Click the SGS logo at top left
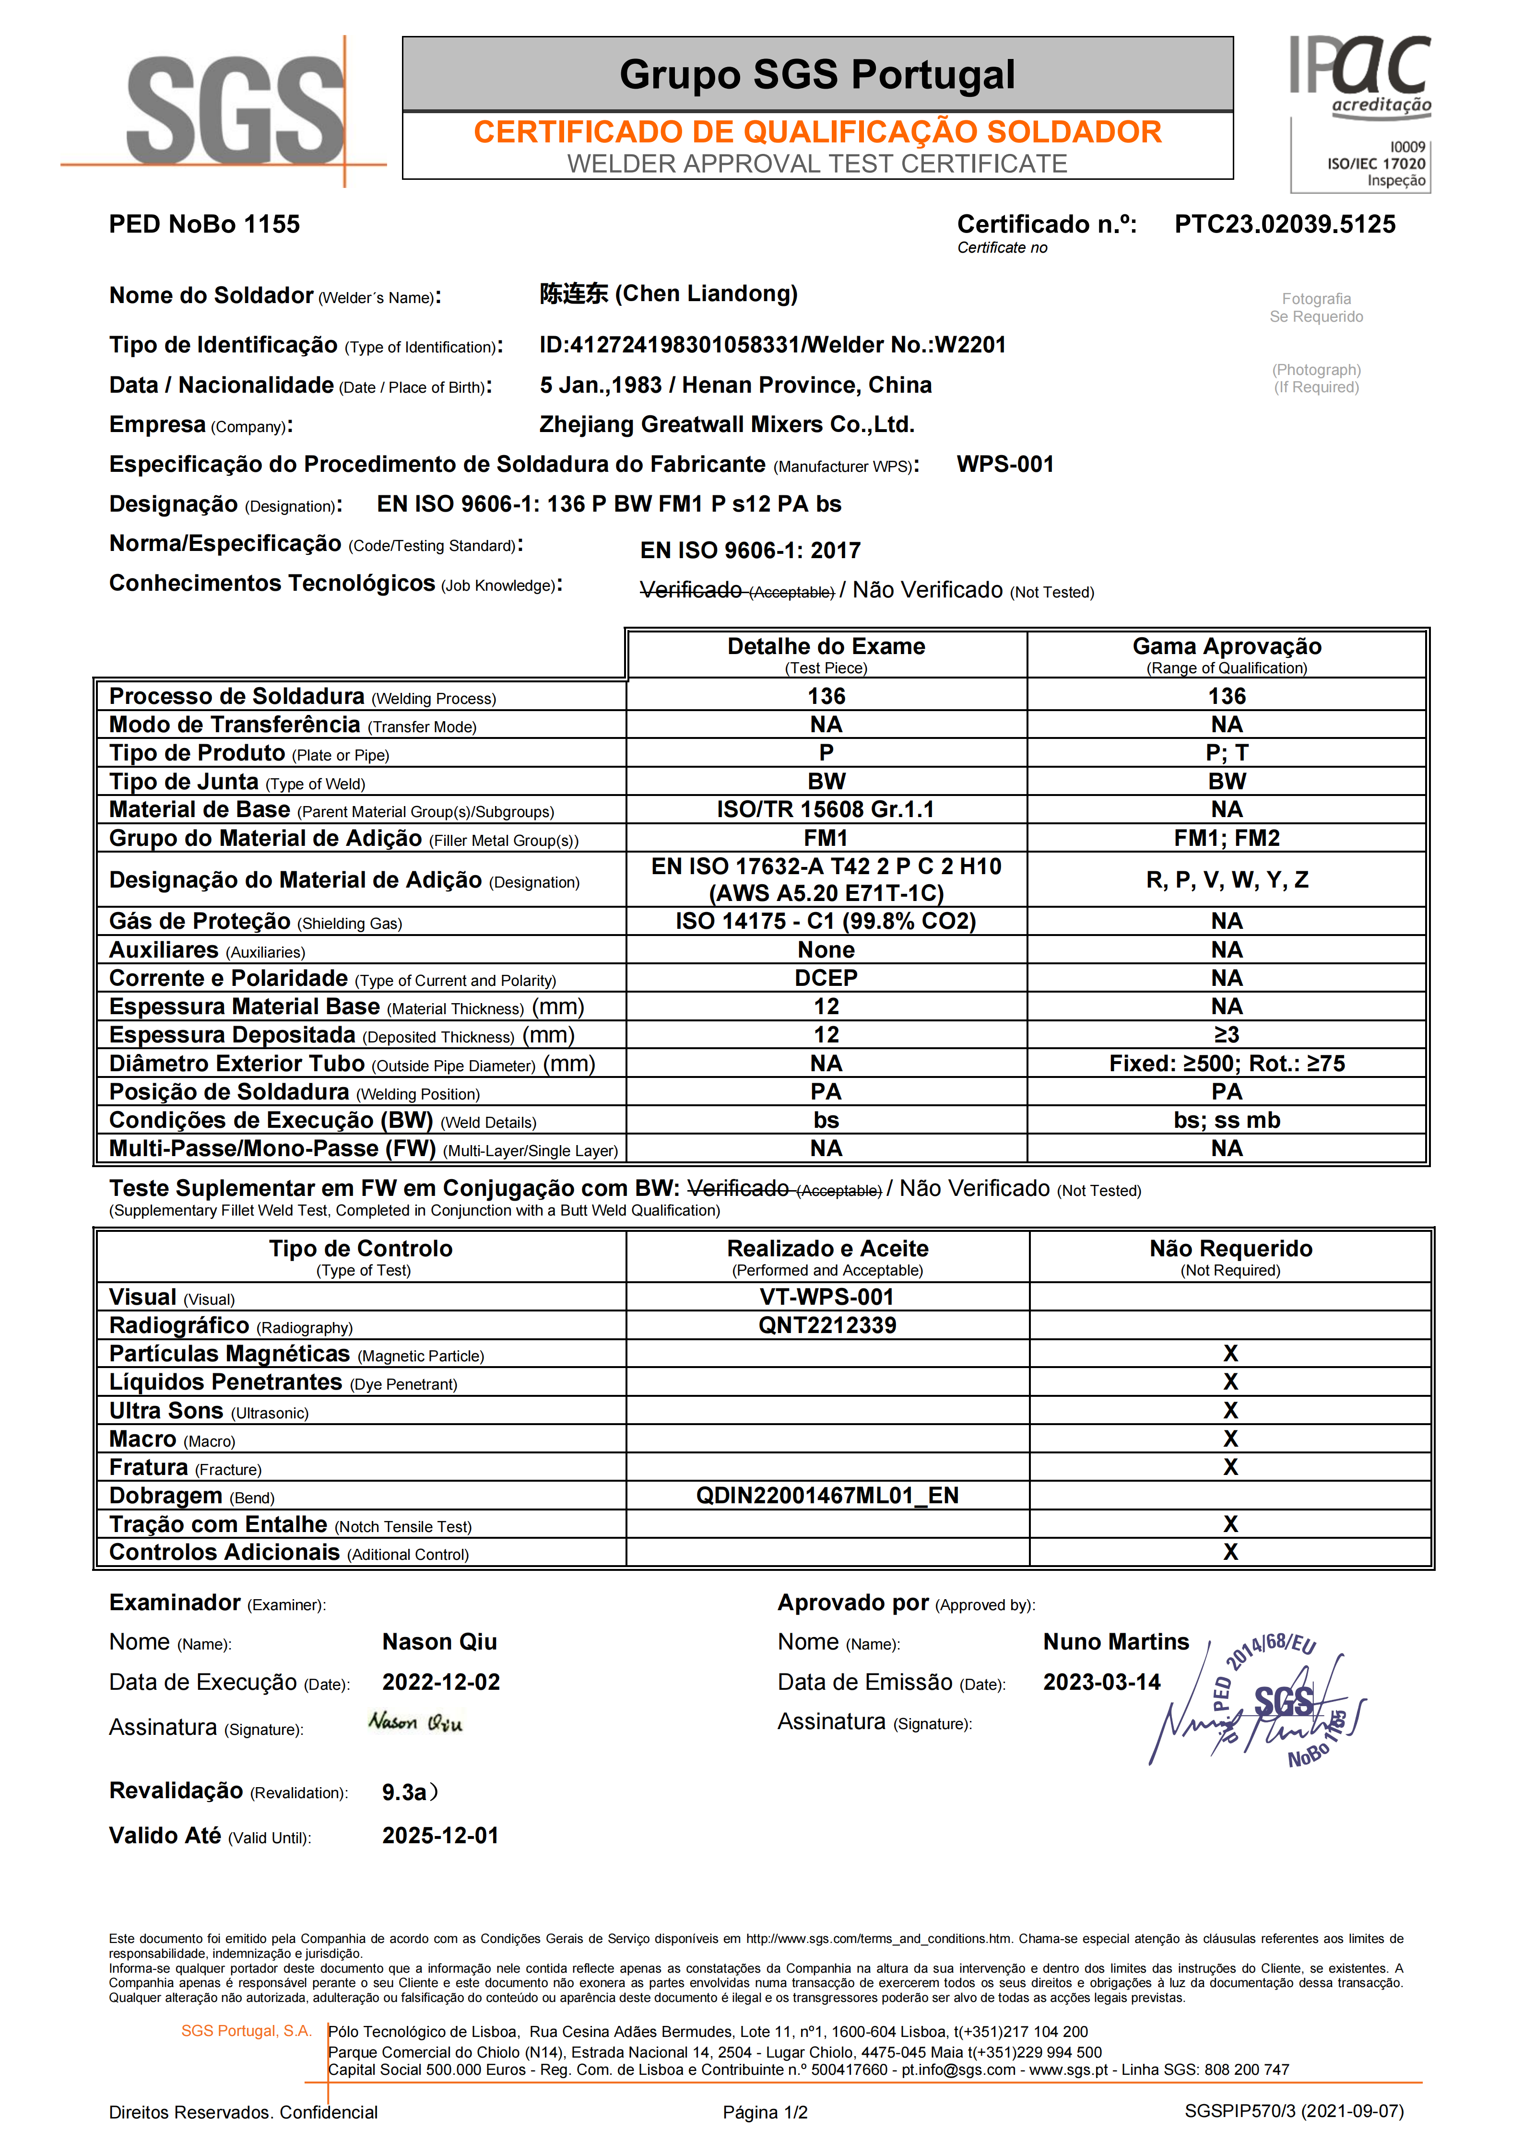(235, 110)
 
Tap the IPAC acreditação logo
(1360, 75)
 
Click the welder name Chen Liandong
(668, 294)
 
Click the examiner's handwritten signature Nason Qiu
(415, 1721)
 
